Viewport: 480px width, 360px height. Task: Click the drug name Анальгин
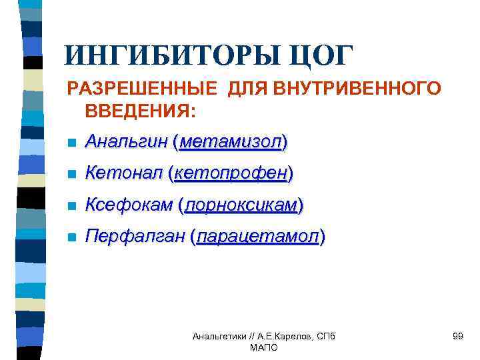click(126, 142)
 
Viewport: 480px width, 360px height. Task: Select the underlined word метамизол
click(229, 142)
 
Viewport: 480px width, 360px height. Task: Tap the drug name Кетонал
click(124, 173)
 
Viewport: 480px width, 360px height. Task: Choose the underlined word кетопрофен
click(231, 173)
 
